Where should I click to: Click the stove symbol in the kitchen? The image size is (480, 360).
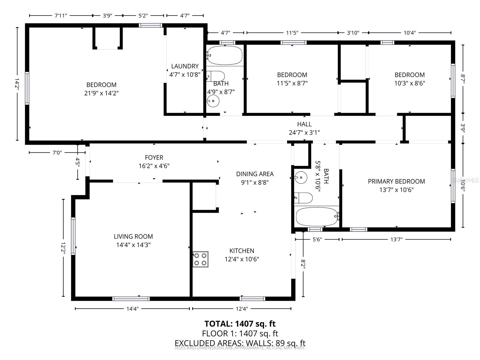pos(200,259)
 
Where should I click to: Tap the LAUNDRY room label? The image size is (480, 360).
pos(185,66)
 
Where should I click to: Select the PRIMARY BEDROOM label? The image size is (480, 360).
pos(396,181)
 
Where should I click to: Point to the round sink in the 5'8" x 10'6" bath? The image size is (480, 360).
pos(301,177)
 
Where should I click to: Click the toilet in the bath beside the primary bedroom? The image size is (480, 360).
pos(304,198)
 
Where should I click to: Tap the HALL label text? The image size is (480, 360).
pos(304,124)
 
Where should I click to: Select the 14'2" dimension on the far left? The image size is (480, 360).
pos(17,84)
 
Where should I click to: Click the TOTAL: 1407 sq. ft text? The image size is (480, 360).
pos(240,324)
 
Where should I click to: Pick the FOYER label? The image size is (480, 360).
pos(154,157)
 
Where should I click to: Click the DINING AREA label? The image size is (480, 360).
pos(255,174)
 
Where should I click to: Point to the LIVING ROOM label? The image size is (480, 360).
pos(133,236)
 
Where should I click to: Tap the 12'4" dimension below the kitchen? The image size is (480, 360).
pos(242,308)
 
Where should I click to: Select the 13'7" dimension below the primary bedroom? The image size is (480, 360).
pos(396,239)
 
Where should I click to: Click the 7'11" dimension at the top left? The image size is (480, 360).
pos(61,16)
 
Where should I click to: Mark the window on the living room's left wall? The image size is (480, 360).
pos(73,236)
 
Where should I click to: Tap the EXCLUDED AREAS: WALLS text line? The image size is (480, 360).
pos(240,343)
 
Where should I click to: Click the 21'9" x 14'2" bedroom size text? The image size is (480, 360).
pos(101,93)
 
